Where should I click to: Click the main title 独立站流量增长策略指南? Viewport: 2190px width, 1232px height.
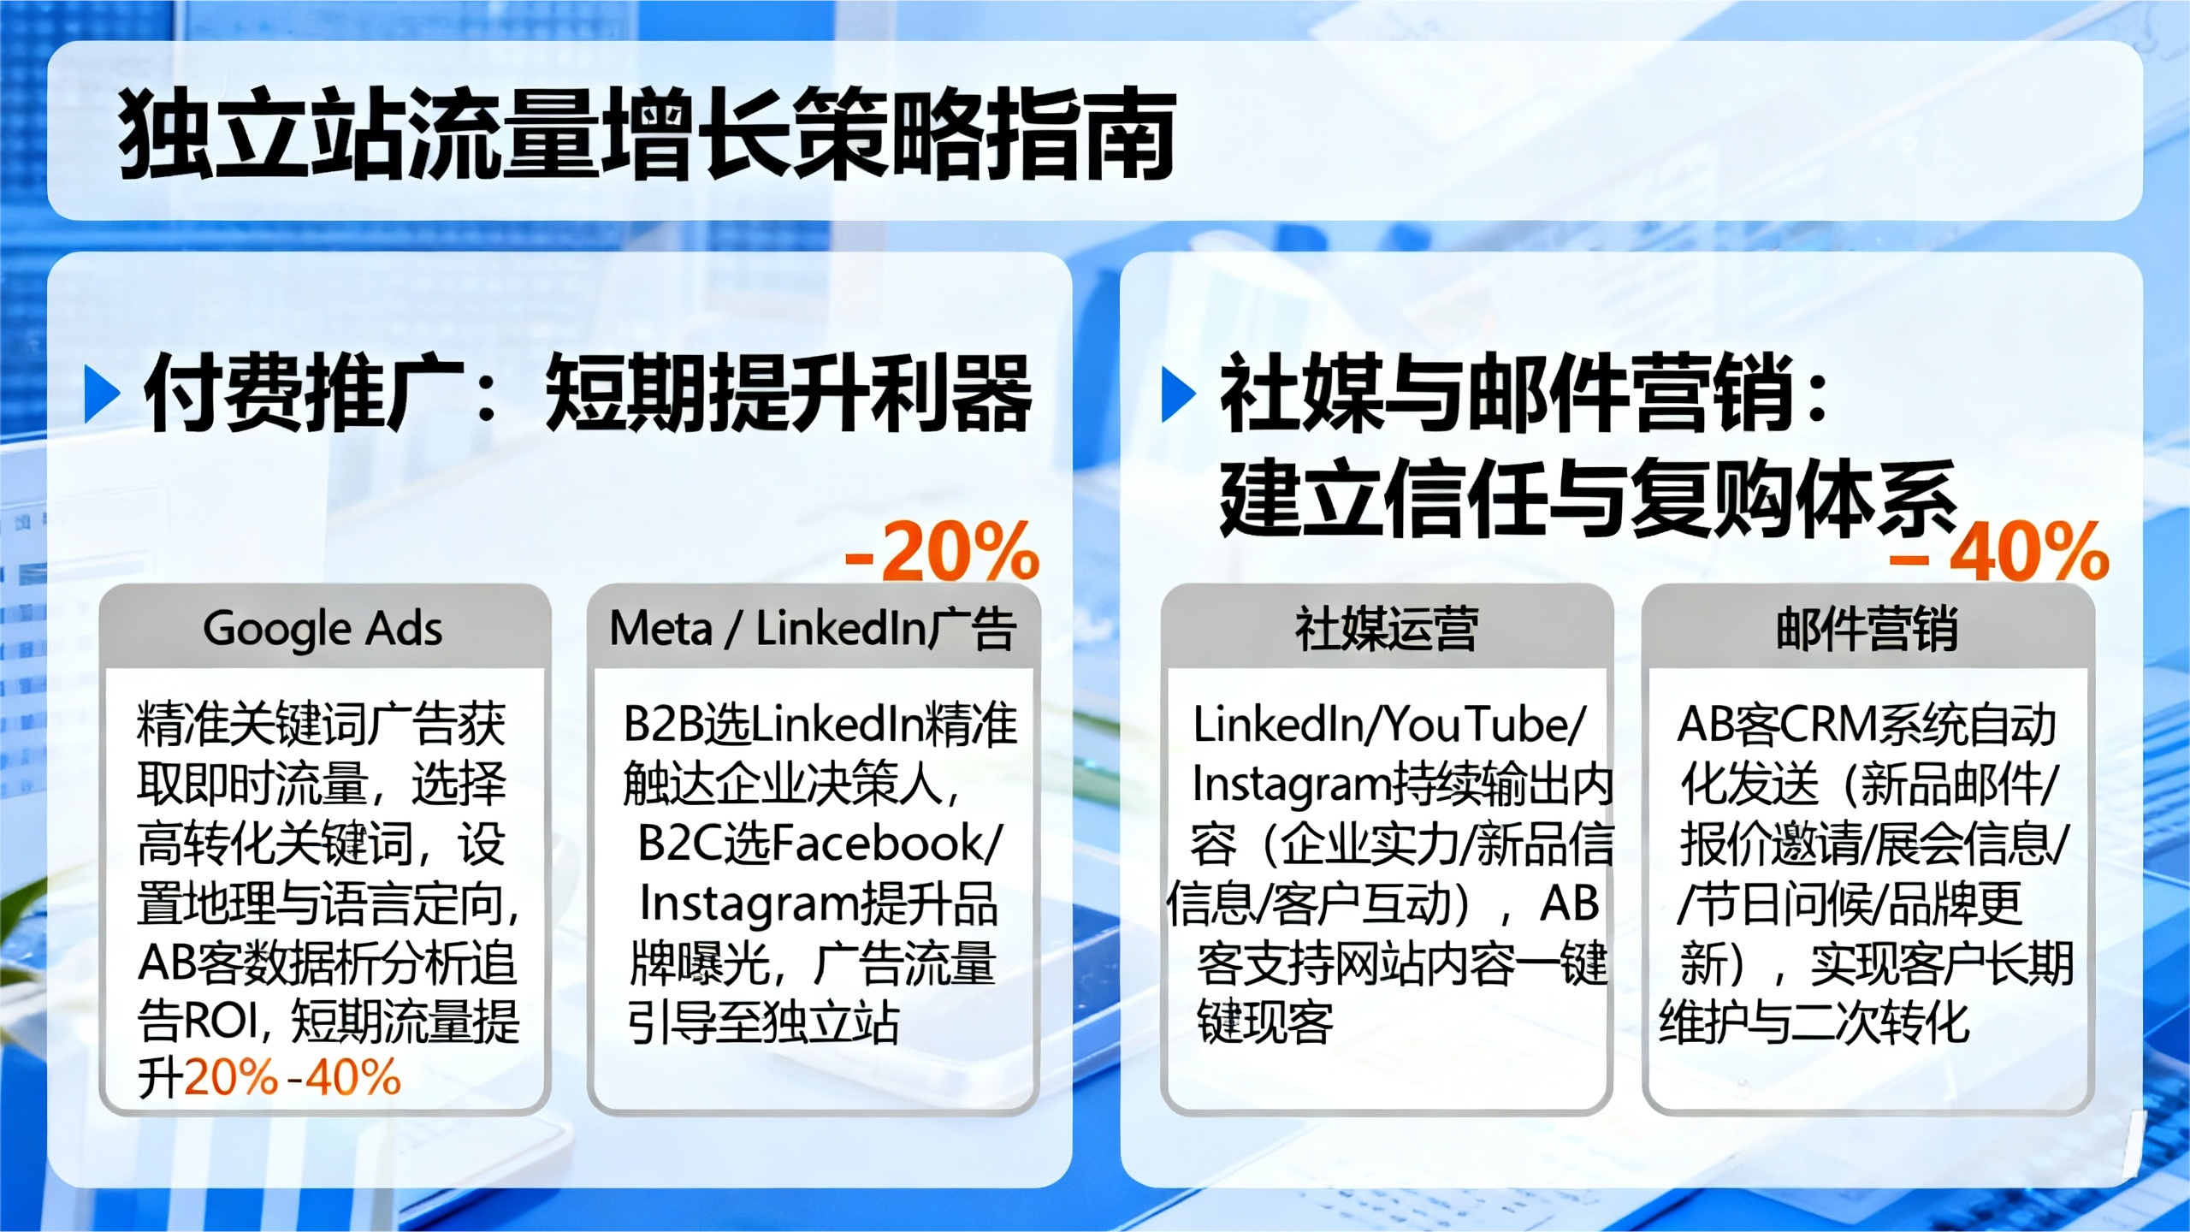(x=648, y=134)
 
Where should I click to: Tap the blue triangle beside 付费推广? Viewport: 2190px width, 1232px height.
(x=103, y=394)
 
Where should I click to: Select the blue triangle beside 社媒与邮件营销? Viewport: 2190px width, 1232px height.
(x=1179, y=394)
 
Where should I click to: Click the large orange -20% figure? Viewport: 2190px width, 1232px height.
(x=942, y=553)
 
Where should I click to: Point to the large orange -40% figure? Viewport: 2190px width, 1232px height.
(x=2000, y=553)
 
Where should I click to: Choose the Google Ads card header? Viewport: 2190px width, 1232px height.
(x=324, y=628)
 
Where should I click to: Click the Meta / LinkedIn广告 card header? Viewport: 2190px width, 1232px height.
(x=813, y=628)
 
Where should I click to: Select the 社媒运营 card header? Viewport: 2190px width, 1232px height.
(x=1387, y=628)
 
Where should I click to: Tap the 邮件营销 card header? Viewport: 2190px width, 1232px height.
(x=1867, y=628)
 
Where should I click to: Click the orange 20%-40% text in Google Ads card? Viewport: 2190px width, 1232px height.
(x=293, y=1077)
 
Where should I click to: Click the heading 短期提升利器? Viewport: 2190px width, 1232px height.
(x=789, y=394)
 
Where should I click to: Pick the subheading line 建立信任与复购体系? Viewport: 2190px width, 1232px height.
(x=1589, y=498)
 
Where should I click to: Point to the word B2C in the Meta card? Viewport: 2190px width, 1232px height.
(x=681, y=843)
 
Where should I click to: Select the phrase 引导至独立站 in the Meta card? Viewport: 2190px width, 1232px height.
(x=763, y=1022)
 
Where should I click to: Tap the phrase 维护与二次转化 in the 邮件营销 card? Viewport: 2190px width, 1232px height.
(x=1814, y=1022)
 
